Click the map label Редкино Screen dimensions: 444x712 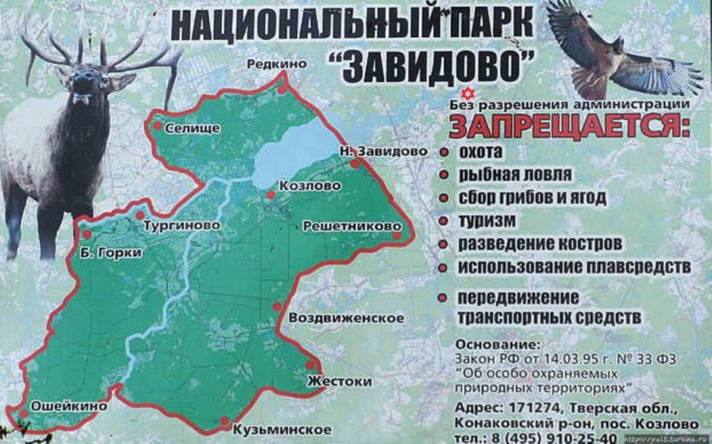point(276,64)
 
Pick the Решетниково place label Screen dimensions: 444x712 point(351,226)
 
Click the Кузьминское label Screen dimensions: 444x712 point(272,430)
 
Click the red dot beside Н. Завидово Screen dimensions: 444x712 point(354,163)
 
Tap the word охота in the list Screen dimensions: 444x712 point(480,152)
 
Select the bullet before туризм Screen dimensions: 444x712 point(442,221)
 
